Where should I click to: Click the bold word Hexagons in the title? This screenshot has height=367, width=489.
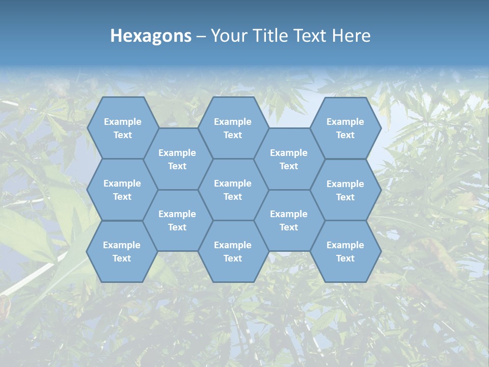151,36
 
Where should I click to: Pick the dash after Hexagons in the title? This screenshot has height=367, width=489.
201,36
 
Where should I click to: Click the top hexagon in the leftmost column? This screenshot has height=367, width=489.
122,128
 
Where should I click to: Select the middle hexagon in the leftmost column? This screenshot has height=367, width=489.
122,190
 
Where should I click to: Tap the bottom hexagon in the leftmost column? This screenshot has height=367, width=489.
122,251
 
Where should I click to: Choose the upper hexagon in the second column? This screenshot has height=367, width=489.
177,159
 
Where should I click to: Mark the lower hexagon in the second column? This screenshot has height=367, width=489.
177,220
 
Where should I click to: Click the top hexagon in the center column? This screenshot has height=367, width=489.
233,128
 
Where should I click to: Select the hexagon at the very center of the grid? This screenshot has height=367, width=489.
233,190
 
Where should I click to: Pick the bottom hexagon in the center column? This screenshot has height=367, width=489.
233,251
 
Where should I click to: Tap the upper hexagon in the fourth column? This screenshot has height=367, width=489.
289,159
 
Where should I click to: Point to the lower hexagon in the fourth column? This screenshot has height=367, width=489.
289,220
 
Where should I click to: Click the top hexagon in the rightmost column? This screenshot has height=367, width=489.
345,128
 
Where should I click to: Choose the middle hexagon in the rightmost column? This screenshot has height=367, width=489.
345,190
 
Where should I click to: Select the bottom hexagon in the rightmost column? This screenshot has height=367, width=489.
345,251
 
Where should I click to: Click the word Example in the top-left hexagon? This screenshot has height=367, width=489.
122,122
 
